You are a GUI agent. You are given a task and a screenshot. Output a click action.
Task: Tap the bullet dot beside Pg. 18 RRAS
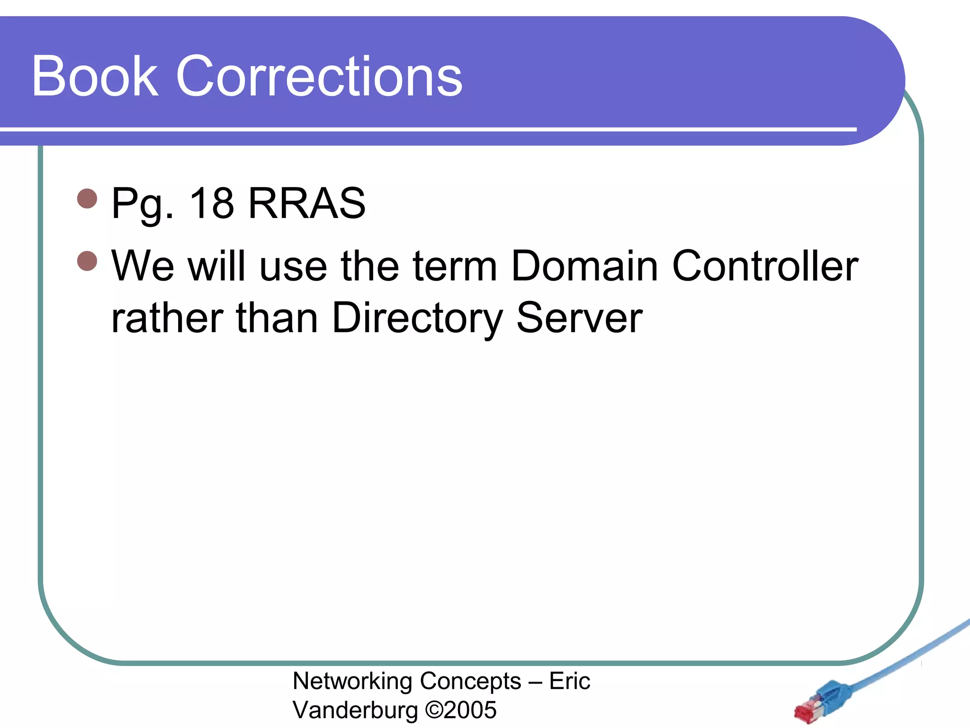coord(87,199)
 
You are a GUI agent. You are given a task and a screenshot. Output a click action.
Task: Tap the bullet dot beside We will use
coord(87,261)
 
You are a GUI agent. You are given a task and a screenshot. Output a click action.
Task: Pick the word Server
coord(579,318)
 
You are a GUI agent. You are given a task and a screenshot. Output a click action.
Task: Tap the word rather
coord(167,318)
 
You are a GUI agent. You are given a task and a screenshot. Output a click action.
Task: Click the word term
coord(455,266)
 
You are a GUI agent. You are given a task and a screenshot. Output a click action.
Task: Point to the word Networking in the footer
coord(352,682)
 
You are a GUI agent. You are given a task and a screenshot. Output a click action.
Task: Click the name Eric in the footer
coord(569,681)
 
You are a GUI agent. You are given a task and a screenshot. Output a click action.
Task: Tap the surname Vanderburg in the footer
coord(355,710)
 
